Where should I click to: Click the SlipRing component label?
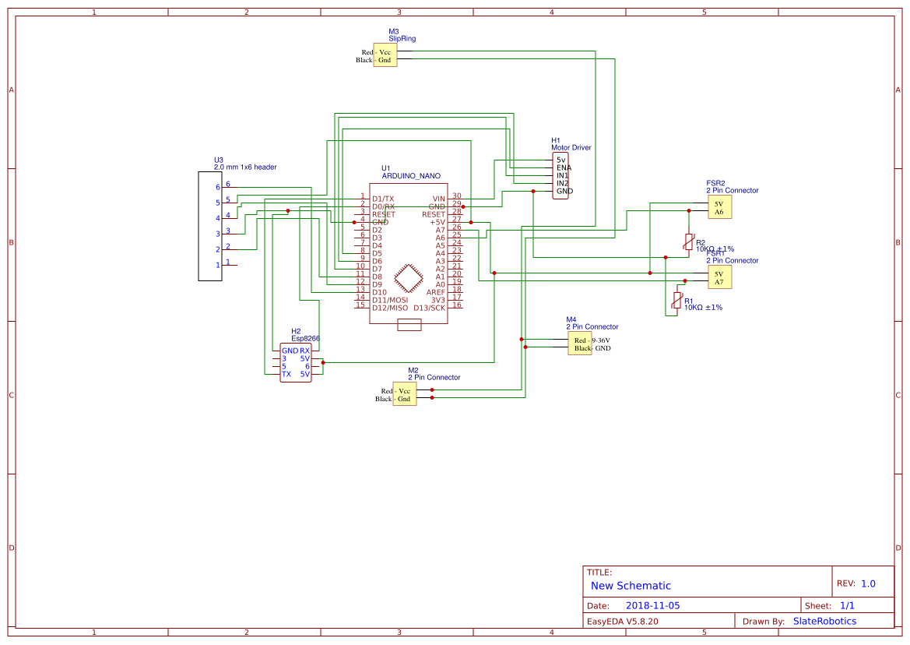402,38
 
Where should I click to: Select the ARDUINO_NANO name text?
410,177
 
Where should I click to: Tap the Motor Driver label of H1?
571,147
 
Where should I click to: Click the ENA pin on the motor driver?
564,167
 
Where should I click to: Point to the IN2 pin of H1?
562,183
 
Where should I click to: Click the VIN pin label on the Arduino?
438,199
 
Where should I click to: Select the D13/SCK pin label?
429,308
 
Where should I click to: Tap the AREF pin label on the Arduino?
435,292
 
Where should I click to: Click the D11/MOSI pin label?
390,300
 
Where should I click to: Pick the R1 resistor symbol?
676,301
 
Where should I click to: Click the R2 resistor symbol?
688,241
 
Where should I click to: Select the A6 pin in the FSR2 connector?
719,212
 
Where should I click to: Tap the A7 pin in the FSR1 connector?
719,282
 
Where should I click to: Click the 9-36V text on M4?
600,340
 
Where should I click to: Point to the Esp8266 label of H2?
305,339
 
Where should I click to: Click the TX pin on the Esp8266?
286,374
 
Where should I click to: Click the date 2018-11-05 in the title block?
652,605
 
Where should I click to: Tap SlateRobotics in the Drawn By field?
824,621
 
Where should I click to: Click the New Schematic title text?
631,586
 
